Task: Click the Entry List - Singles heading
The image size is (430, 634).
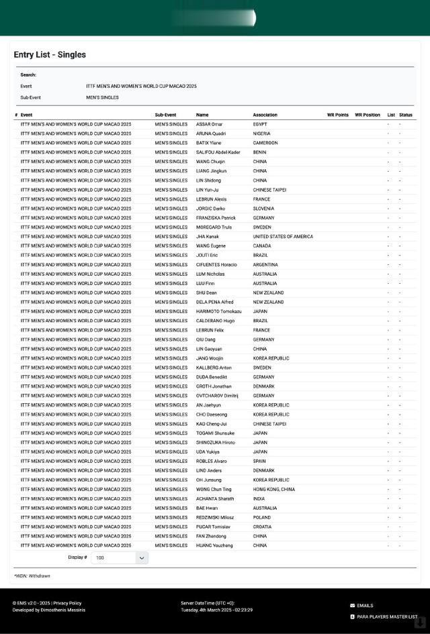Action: point(50,55)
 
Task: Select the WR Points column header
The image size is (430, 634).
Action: point(337,115)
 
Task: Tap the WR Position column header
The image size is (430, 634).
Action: point(367,115)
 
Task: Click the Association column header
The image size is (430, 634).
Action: point(265,115)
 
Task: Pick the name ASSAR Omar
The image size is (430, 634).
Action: point(209,124)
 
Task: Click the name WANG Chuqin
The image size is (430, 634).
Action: point(210,162)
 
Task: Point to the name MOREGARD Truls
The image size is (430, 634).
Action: point(214,227)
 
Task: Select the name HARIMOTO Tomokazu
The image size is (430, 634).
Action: point(218,311)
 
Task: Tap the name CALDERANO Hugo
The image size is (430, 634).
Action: point(216,321)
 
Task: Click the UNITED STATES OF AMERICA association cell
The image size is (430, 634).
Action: point(283,237)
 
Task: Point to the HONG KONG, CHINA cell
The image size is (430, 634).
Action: point(273,489)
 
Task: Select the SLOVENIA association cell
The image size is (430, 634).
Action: point(263,209)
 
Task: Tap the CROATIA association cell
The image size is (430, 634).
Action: point(263,527)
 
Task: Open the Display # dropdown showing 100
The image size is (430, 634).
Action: point(120,558)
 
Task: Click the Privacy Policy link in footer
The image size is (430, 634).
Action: point(67,603)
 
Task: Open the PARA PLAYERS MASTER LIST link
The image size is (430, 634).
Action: point(386,617)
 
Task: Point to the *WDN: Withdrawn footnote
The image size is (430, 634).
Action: point(32,576)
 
